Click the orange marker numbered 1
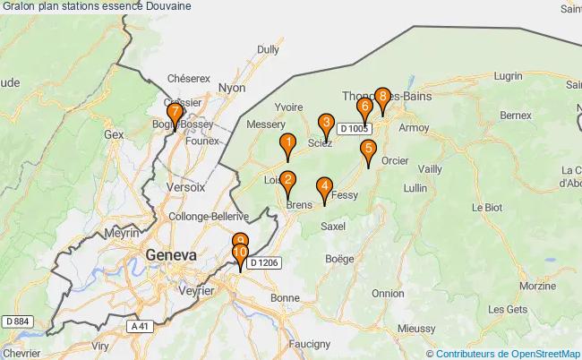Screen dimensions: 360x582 coord(287,144)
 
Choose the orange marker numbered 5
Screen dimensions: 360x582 coord(368,150)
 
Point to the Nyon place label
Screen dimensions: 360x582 coord(232,88)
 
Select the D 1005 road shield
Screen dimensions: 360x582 coord(354,129)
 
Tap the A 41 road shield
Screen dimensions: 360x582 coord(138,327)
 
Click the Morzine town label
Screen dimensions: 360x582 coord(537,287)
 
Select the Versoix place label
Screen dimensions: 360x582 coord(186,188)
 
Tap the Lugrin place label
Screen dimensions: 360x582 coord(507,78)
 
